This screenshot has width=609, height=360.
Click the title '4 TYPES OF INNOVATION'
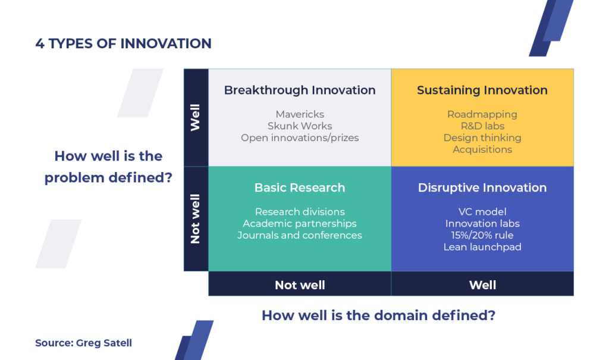click(123, 43)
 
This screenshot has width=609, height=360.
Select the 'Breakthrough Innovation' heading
click(300, 90)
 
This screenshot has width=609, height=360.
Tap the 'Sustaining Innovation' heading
click(482, 90)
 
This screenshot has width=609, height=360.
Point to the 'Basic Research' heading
click(300, 188)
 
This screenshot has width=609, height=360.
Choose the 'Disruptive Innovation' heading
click(482, 188)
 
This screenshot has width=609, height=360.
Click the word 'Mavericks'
click(300, 114)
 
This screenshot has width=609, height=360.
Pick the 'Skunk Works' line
click(300, 126)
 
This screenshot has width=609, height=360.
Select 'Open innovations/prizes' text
click(300, 138)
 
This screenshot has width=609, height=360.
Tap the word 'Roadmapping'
click(482, 115)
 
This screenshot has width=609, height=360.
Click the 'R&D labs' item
click(482, 126)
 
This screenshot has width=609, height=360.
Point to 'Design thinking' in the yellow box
click(482, 138)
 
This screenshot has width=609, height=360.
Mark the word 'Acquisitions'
click(482, 150)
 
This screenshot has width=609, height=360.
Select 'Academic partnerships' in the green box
click(300, 224)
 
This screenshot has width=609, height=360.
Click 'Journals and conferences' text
click(300, 235)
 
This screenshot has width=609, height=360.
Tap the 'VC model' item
click(482, 212)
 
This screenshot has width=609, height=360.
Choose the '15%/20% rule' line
click(482, 235)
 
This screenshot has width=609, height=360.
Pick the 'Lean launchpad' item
click(482, 248)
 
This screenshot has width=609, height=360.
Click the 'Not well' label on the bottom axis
click(300, 286)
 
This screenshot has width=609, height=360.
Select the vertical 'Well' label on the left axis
click(195, 117)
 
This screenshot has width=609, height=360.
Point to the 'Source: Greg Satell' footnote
click(83, 343)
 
